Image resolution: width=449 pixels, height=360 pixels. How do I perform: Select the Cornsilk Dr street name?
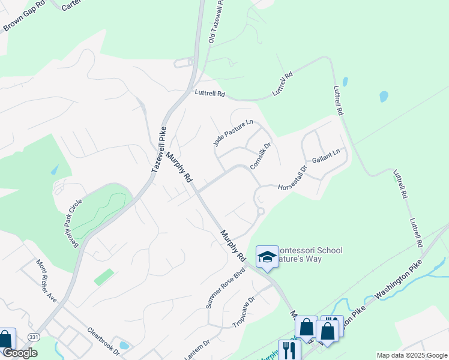point(260,155)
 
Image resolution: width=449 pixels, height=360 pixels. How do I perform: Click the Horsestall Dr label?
point(292,179)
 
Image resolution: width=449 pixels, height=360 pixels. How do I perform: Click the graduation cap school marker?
point(267,257)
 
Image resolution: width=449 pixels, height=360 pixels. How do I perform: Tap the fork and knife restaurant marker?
point(289,350)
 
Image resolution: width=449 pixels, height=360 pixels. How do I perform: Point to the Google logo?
point(20,353)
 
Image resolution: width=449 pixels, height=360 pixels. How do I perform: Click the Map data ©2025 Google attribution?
point(411,355)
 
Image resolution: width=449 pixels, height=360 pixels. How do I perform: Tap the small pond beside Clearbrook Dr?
point(124,345)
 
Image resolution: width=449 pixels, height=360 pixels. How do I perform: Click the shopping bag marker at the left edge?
point(6,339)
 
